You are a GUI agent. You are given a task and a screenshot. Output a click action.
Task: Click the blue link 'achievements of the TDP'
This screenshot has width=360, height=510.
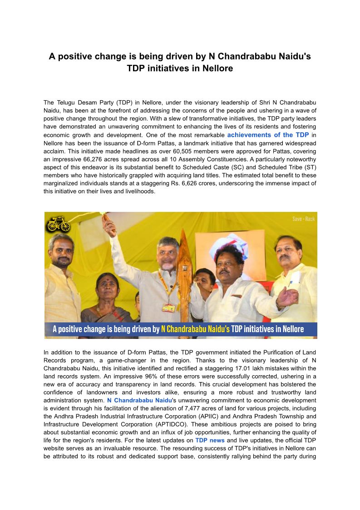pyautogui.click(x=268, y=135)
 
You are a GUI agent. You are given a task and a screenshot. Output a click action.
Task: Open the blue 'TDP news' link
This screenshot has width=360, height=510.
pyautogui.click(x=210, y=441)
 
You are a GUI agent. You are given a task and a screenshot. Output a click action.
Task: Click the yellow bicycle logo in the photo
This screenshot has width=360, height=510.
pyautogui.click(x=59, y=224)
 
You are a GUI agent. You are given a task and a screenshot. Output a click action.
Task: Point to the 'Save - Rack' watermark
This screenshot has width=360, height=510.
pyautogui.click(x=303, y=219)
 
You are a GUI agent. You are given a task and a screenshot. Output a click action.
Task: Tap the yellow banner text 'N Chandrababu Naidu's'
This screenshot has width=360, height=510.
pyautogui.click(x=195, y=329)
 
